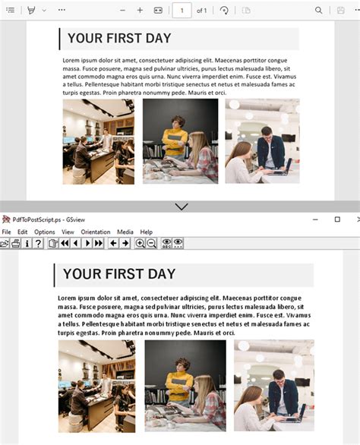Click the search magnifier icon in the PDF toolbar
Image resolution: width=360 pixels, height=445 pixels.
pos(318,11)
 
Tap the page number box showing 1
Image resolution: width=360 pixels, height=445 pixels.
pos(182,11)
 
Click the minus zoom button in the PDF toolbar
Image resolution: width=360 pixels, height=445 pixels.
pos(122,11)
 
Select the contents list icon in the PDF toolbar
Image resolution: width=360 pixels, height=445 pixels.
pos(11,10)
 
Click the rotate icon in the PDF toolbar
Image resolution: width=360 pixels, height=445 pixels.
pos(224,11)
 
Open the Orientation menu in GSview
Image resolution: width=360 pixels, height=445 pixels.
pos(96,232)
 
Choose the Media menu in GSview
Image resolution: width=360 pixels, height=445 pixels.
pos(125,232)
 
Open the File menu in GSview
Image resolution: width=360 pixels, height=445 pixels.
pos(6,232)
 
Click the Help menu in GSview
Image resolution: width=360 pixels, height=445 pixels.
pos(147,232)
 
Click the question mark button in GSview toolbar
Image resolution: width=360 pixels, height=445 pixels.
pos(38,243)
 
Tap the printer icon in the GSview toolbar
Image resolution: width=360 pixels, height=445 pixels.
pos(16,243)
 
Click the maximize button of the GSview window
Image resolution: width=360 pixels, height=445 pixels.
pos(337,219)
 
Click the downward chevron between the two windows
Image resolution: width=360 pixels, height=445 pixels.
pos(182,207)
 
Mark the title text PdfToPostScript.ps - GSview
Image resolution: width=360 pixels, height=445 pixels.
pos(49,219)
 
